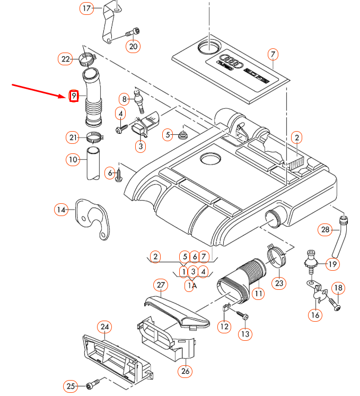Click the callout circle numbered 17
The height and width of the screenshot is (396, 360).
point(86,8)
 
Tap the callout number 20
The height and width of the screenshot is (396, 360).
point(133,46)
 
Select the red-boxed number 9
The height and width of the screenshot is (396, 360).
point(74,96)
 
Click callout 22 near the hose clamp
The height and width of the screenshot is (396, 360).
point(65,59)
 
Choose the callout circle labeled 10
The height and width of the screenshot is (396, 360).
point(73,159)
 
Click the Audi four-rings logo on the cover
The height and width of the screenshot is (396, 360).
point(232,61)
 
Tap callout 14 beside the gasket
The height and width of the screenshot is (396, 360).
point(62,210)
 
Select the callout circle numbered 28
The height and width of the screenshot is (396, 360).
point(324,230)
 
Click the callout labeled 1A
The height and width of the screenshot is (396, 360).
point(191,285)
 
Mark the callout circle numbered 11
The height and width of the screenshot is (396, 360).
point(258,293)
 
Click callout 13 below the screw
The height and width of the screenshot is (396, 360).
point(244,334)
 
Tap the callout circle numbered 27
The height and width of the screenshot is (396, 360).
point(161,285)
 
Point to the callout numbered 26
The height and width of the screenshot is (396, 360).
point(185,371)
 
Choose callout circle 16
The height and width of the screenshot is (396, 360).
point(315,315)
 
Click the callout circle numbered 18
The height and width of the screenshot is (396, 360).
point(338,288)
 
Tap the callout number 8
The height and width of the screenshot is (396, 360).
point(125,98)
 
